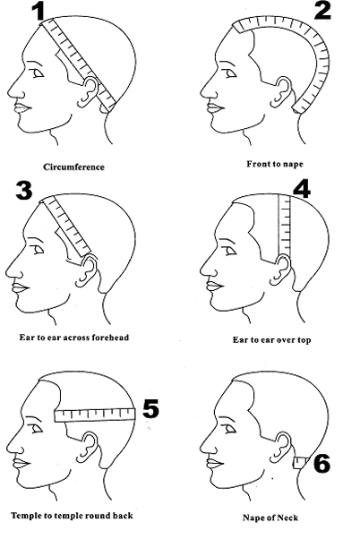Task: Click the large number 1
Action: coord(39,11)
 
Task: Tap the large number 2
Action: coord(322,11)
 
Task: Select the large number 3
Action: coord(24,190)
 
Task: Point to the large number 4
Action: coord(302,189)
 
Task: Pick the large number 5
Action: coord(150,408)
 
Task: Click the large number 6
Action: coord(321,463)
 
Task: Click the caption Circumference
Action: coord(74,167)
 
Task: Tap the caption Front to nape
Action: coord(275,164)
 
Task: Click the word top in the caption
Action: coord(303,340)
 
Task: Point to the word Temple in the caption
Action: coord(23,516)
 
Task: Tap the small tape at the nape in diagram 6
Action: coord(301,463)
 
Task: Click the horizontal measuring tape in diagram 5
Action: coord(95,415)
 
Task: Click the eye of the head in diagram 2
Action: coord(231,73)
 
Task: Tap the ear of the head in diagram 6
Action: coord(283,446)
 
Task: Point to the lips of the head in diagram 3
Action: coord(20,287)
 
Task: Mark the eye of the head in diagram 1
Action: coord(38,73)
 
